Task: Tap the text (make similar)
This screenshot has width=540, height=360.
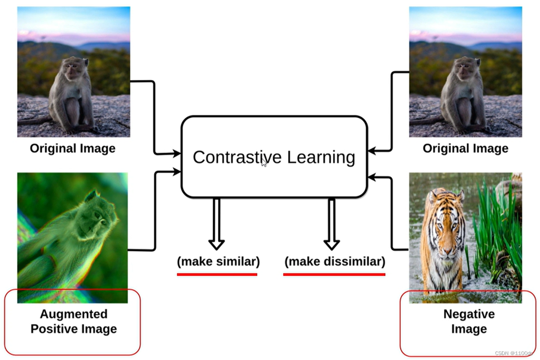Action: (x=218, y=261)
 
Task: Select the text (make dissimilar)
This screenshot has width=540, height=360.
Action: (x=335, y=261)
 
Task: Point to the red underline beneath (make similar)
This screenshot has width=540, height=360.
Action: (x=217, y=274)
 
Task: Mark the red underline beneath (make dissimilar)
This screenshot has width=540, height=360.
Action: (x=334, y=274)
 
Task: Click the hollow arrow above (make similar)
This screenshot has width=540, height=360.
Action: (x=216, y=224)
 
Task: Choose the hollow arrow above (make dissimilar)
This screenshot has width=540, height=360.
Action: (x=332, y=224)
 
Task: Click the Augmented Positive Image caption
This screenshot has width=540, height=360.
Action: (x=73, y=321)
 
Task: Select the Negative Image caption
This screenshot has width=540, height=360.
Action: (x=469, y=321)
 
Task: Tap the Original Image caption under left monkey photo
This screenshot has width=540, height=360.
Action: (x=73, y=148)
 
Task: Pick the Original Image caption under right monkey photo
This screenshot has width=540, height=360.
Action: (x=466, y=148)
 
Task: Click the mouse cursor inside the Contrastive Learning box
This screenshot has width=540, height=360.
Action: (x=264, y=163)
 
